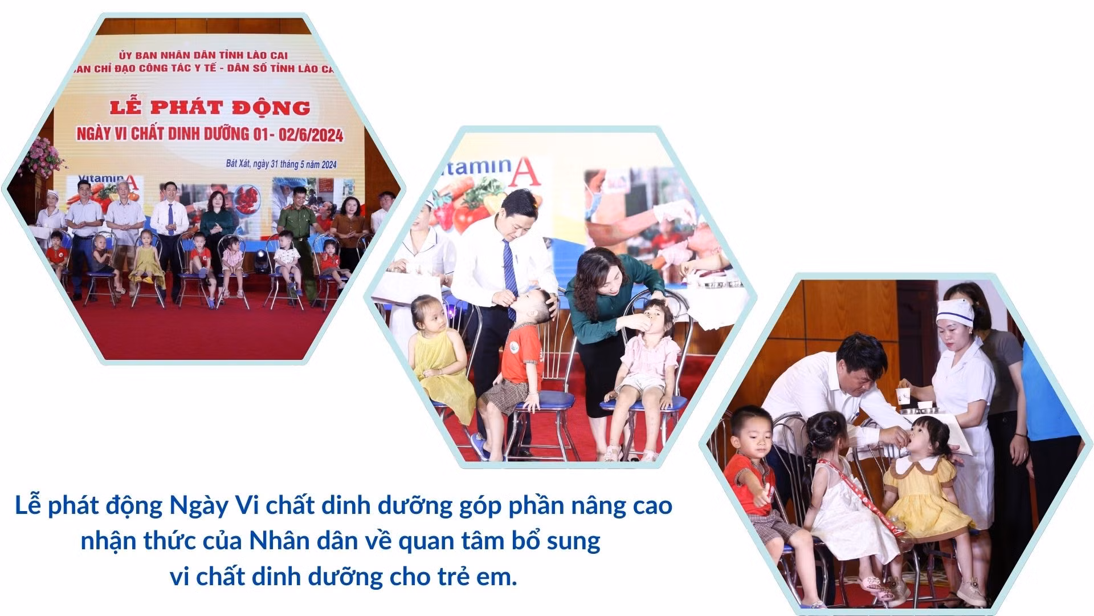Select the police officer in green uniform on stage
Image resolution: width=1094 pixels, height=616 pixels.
[x=297, y=228]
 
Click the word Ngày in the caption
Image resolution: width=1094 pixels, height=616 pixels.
[x=198, y=506]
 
